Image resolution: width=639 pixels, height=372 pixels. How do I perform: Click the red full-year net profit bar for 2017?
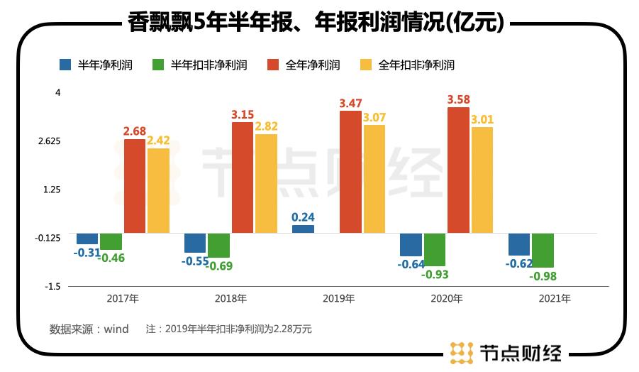click(135, 185)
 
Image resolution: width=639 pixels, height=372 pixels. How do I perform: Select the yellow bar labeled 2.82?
click(266, 183)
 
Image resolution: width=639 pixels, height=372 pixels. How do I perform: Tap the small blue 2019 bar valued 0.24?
click(303, 229)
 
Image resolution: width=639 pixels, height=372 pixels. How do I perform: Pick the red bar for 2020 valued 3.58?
click(458, 170)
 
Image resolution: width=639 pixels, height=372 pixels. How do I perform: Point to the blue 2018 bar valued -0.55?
click(195, 243)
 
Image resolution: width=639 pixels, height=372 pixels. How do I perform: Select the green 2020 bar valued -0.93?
click(435, 249)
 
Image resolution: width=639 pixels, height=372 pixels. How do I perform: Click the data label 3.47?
click(350, 104)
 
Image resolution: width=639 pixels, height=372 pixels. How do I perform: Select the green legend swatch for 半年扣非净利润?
click(159, 65)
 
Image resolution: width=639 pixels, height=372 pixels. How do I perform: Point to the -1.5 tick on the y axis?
click(52, 286)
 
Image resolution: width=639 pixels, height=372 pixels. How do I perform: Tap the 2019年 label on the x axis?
click(339, 299)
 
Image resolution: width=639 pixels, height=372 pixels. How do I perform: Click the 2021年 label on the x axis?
click(555, 299)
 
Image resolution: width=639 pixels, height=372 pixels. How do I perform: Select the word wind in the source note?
click(116, 329)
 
